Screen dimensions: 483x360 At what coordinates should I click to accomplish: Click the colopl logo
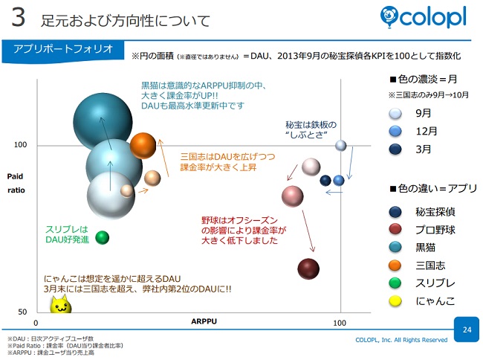[424, 17]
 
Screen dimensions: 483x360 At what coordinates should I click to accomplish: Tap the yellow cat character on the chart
[61, 304]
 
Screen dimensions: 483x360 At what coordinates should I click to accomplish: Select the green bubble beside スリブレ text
[103, 237]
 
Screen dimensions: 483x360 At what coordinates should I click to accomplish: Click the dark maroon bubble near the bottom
[308, 269]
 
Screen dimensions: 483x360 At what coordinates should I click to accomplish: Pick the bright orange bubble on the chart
[143, 146]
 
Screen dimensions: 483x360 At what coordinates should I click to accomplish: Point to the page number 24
[467, 330]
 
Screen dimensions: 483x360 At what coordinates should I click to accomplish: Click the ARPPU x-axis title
[204, 321]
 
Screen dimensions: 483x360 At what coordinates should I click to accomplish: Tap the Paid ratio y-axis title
[16, 183]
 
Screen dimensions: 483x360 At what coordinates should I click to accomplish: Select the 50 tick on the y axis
[22, 312]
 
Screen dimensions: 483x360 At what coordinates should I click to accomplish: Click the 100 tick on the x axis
[340, 323]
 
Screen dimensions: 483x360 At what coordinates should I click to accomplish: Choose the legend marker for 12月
[395, 132]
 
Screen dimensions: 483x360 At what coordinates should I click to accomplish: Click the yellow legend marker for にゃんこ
[395, 301]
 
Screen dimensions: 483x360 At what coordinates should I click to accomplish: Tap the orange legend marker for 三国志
[395, 266]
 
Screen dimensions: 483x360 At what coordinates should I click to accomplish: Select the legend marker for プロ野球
[395, 230]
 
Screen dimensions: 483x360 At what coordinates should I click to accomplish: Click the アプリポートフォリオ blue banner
[63, 51]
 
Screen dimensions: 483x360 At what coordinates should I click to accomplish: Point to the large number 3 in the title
[18, 17]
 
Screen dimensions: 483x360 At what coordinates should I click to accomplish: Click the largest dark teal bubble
[103, 123]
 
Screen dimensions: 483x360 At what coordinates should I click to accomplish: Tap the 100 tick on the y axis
[20, 144]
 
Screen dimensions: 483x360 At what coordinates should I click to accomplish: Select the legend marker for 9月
[395, 114]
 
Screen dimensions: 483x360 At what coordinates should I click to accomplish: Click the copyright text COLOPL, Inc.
[401, 340]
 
